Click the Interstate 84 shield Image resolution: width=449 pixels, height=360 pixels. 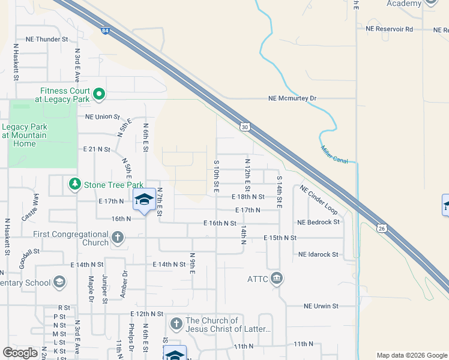click(106, 31)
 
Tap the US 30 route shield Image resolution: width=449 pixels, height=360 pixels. click(244, 127)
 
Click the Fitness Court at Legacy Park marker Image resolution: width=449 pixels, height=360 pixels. click(99, 94)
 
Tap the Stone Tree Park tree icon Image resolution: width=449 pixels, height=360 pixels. click(75, 184)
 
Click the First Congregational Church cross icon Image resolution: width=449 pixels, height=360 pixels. click(118, 238)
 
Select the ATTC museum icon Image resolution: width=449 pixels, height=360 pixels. click(277, 278)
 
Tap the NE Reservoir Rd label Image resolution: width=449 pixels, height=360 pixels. click(390, 29)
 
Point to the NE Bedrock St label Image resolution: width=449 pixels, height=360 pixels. click(318, 222)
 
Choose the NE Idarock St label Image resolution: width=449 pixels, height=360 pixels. click(318, 254)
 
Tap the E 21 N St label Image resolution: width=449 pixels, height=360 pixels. click(97, 148)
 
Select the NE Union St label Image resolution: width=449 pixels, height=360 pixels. click(103, 117)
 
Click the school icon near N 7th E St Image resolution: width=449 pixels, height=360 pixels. click(144, 200)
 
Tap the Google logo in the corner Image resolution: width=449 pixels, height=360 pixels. click(20, 353)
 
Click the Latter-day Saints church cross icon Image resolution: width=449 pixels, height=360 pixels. click(176, 324)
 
